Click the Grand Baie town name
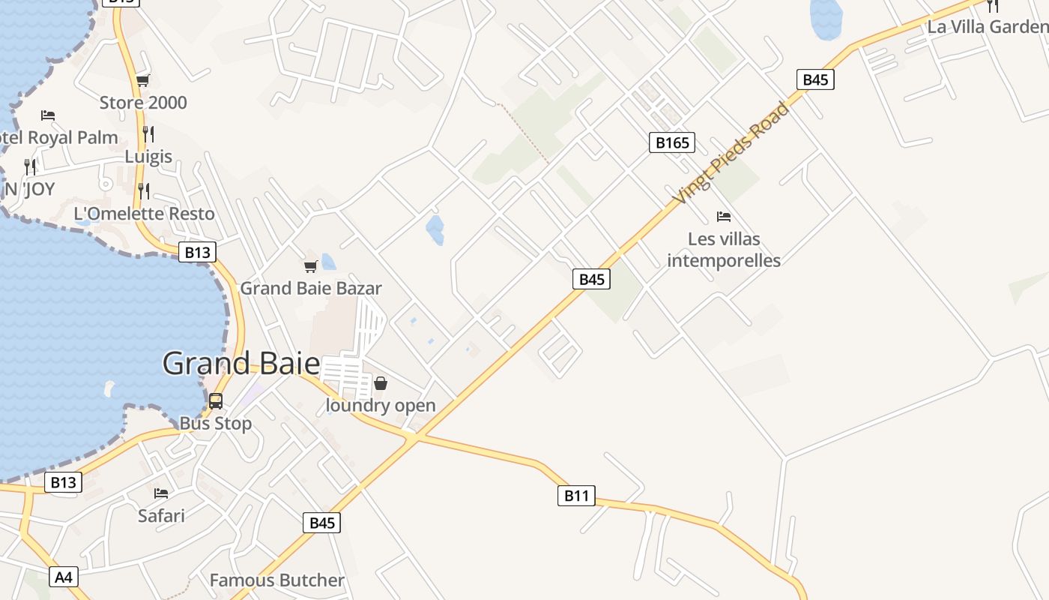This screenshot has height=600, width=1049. point(241,364)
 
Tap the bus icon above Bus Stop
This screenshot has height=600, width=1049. point(216,401)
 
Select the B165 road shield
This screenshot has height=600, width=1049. point(671,142)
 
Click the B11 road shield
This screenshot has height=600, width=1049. point(576,495)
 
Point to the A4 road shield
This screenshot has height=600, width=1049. point(64,577)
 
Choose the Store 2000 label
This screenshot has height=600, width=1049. point(143,103)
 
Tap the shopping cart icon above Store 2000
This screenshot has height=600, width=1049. point(142,81)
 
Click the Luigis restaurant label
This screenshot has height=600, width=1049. point(148,157)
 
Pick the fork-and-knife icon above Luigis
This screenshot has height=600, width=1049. point(148,134)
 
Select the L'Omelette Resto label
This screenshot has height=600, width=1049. point(144,214)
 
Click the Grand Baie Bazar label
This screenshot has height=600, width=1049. point(311,288)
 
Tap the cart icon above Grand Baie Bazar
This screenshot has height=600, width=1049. point(310,266)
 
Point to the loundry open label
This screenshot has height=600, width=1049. point(381,406)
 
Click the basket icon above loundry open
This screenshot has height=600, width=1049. point(381,384)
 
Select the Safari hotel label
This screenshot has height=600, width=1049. point(161,515)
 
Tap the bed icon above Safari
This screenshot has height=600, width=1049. point(161,493)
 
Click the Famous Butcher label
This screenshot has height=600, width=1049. point(277,580)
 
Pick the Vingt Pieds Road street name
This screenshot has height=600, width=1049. point(731,154)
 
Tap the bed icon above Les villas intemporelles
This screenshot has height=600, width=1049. point(724,217)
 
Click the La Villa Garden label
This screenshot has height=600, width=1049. point(987,27)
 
